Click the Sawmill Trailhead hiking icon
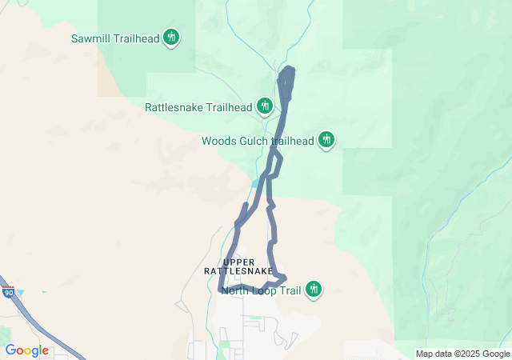170,37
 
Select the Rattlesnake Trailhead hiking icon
265,106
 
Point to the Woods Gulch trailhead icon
326,140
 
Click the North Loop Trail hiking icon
314,289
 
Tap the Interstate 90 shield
8,294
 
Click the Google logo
26,350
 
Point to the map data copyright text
462,354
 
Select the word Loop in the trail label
263,290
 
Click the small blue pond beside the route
255,183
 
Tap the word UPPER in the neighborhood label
238,262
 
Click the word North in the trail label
237,290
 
